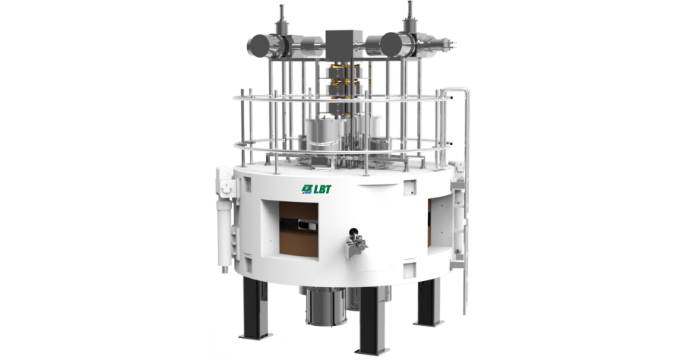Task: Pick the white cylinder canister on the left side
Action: point(226,228)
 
